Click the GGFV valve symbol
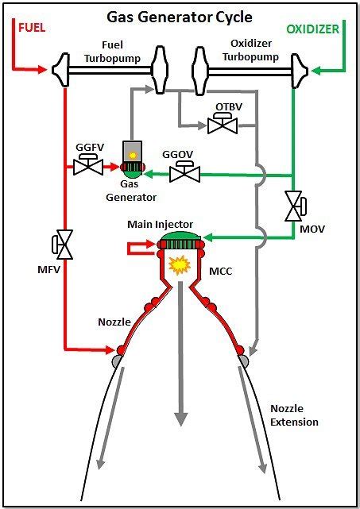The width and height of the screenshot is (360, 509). pos(86,166)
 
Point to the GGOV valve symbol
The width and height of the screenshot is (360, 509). pos(185,174)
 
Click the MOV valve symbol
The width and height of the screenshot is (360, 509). pos(294,206)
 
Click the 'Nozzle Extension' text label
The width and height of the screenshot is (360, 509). pos(294,415)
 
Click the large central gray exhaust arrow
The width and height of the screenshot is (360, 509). pos(182,357)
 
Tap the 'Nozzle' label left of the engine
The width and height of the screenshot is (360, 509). pos(115,322)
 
